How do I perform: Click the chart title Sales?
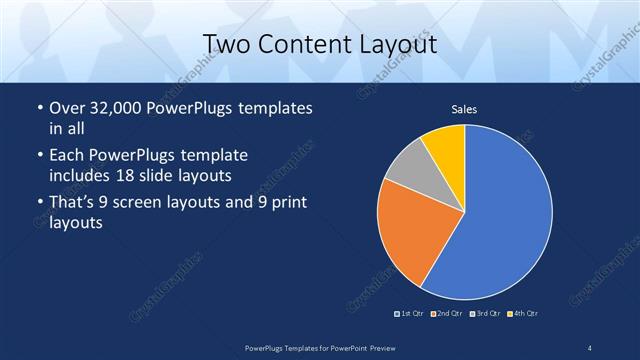[x=464, y=109]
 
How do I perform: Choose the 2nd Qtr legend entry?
[x=448, y=314]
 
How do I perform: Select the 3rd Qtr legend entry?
[x=486, y=314]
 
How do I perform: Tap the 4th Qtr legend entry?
[x=524, y=314]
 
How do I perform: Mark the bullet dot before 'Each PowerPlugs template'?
[x=39, y=156]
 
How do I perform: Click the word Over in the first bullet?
[x=67, y=108]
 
